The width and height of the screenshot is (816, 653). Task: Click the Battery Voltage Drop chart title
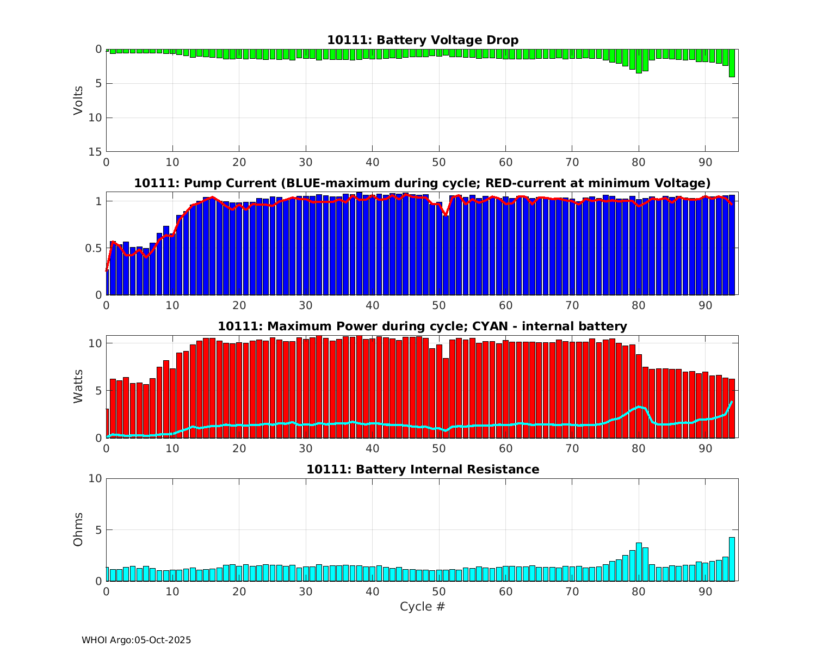click(422, 40)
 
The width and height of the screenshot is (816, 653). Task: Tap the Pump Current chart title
click(422, 183)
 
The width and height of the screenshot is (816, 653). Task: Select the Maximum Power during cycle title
click(422, 326)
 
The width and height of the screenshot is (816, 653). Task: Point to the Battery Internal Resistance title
click(422, 469)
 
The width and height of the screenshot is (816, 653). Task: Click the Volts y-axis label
click(78, 100)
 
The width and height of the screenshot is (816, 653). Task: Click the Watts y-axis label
click(78, 386)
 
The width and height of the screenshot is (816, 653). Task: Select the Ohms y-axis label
click(78, 529)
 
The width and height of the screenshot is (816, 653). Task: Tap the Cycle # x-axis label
click(422, 606)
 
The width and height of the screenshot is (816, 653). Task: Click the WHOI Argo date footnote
click(136, 640)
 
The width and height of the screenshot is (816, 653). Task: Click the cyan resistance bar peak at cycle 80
click(639, 560)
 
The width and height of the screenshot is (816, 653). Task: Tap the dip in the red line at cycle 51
click(446, 215)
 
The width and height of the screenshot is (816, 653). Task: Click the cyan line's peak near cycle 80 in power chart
click(640, 406)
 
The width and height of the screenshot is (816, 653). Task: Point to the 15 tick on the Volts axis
click(95, 152)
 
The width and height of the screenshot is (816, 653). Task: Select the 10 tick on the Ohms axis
click(95, 478)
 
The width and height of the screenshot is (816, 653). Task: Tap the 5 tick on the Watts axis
click(98, 391)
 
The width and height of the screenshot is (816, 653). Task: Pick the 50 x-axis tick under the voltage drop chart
click(439, 162)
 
